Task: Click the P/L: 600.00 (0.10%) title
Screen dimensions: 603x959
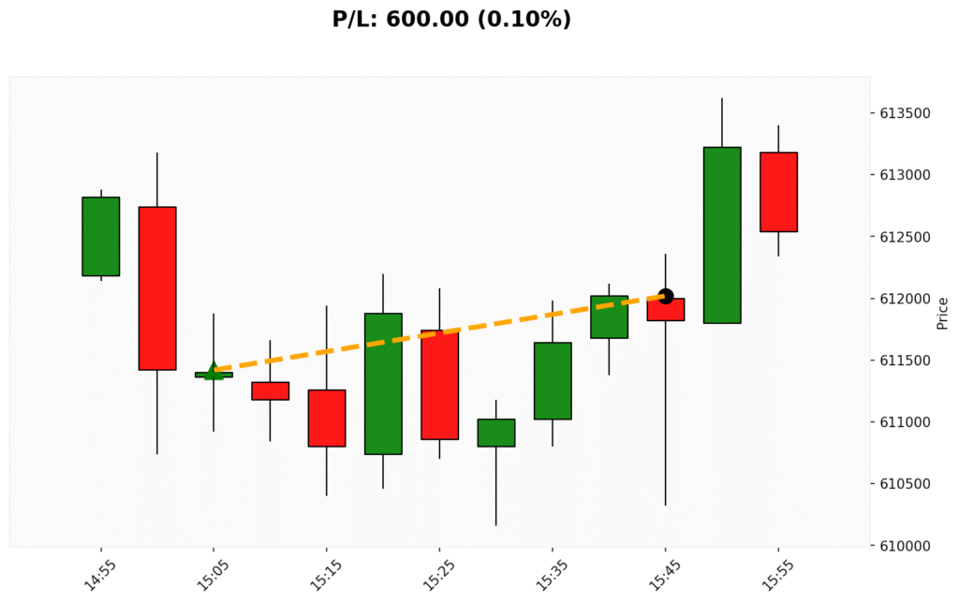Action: [451, 19]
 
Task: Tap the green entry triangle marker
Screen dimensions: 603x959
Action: [214, 371]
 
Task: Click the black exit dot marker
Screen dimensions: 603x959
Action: [666, 296]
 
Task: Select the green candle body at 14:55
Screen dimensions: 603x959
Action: [101, 237]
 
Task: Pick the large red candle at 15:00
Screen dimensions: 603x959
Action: [157, 288]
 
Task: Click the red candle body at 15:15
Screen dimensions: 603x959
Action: [326, 419]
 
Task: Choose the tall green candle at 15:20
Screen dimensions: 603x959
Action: [383, 384]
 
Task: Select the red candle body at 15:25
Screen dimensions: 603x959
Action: [439, 385]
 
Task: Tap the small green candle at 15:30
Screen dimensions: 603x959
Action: [495, 433]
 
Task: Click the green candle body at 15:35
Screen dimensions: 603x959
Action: [553, 381]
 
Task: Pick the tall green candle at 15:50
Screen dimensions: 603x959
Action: [722, 235]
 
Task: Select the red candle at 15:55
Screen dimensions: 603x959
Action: [778, 192]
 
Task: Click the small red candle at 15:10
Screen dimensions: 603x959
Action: [270, 390]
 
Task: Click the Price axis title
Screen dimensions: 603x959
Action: [942, 313]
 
